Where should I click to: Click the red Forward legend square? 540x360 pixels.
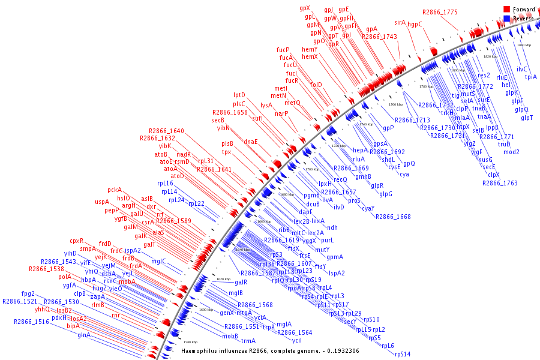coord(506,9)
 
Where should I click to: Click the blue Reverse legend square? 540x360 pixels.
coord(506,19)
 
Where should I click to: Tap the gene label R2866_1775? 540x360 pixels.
coord(440,12)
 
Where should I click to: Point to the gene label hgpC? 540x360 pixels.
coord(415,25)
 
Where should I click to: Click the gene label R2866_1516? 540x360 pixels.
coord(32,322)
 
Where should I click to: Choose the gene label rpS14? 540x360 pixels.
coord(403,354)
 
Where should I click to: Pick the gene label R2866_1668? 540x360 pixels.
coord(393,217)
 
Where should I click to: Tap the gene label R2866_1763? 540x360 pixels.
coord(500,183)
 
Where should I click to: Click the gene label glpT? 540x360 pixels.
coord(527,118)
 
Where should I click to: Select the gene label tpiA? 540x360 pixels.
coord(531,77)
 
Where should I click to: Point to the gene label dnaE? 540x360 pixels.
coord(251,142)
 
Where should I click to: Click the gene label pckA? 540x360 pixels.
coord(115,190)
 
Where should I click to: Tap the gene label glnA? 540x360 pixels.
coord(83,335)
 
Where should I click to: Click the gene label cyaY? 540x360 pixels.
coord(368,208)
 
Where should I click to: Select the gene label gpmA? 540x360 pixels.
coord(335,257)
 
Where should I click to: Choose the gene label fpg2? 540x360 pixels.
coord(28,293)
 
